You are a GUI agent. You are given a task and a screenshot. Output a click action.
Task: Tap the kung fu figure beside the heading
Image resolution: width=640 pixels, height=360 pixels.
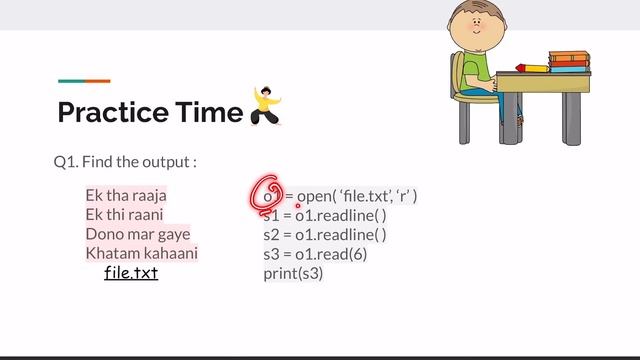[265, 106]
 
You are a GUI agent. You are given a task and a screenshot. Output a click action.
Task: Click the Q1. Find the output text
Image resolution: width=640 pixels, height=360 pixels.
[125, 161]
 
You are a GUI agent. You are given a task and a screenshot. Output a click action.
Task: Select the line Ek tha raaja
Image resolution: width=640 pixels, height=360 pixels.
[126, 196]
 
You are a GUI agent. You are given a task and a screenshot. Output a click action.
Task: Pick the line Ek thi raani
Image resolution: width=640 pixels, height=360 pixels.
[124, 215]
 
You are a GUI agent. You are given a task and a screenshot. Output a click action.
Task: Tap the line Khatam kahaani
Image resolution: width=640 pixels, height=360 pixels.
[141, 253]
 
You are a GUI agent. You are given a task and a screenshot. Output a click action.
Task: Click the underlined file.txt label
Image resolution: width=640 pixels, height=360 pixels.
[131, 272]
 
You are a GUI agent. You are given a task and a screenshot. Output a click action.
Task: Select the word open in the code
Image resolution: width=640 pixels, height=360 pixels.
[316, 196]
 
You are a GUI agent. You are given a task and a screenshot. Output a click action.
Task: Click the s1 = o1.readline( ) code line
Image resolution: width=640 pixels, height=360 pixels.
[325, 215]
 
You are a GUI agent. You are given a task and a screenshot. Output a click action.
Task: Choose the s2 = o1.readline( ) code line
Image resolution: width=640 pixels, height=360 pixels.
[325, 234]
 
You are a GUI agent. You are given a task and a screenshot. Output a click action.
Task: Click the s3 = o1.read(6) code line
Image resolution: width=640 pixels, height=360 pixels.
[315, 253]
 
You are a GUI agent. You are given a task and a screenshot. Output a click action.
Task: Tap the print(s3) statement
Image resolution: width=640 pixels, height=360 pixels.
[294, 272]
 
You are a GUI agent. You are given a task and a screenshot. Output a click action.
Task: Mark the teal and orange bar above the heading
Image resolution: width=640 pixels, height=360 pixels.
[84, 81]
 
